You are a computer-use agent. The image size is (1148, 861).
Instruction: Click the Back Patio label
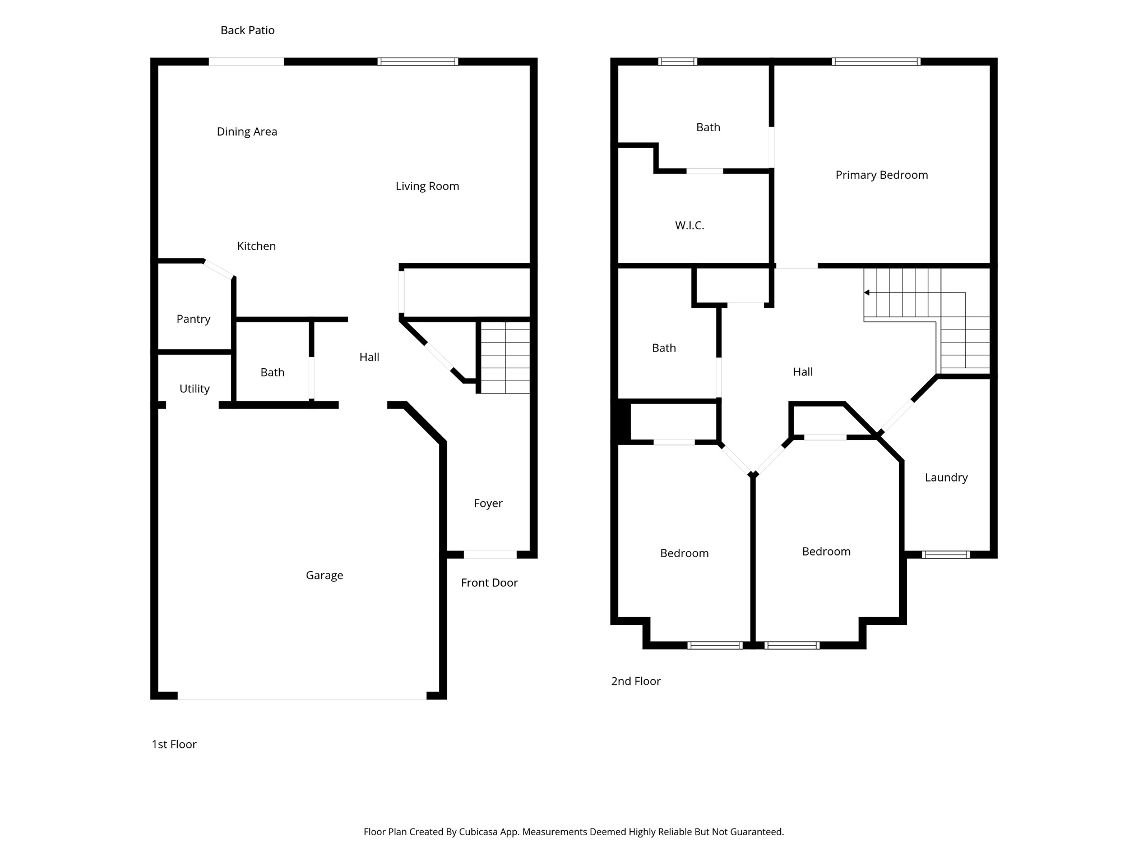tap(247, 30)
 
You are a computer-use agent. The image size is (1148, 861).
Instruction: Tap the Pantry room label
tap(193, 319)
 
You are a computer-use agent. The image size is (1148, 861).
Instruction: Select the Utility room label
tap(195, 388)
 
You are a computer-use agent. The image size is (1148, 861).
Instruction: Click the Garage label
tap(324, 575)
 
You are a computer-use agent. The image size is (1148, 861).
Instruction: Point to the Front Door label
tap(489, 583)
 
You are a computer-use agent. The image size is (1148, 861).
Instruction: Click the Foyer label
tap(488, 503)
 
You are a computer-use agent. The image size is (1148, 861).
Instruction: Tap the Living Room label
tap(427, 186)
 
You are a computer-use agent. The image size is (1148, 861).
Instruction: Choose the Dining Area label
tap(247, 132)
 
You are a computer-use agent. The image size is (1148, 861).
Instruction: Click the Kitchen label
tap(256, 246)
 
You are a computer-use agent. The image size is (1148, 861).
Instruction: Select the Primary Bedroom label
tap(881, 175)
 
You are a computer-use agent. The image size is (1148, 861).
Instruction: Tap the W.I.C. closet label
tap(689, 225)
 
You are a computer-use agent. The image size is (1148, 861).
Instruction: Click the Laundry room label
tap(946, 478)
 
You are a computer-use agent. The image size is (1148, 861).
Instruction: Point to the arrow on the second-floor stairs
tap(867, 293)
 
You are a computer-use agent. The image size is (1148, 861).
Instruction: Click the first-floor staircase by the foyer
tap(505, 357)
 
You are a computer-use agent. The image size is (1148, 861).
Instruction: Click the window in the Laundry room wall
tap(946, 555)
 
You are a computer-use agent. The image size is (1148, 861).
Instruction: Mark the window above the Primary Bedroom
tap(876, 62)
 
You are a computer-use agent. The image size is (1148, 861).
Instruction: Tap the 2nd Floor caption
tap(636, 681)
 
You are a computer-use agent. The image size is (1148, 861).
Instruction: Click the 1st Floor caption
tap(174, 744)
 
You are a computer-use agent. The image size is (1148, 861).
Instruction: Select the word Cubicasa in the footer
tap(479, 832)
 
